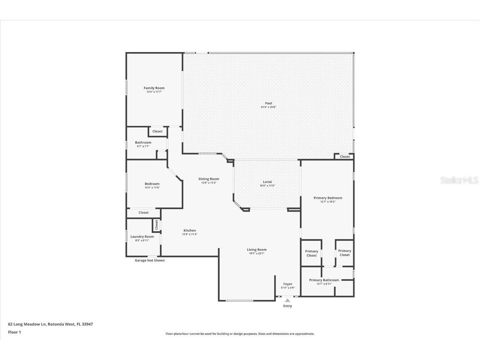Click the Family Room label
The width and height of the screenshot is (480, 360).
click(154, 88)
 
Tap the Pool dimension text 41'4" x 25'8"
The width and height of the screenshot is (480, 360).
click(268, 107)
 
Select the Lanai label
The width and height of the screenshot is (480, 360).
click(267, 182)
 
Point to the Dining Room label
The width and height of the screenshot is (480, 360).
click(208, 179)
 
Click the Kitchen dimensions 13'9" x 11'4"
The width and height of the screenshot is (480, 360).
click(190, 234)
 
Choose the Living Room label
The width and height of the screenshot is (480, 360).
click(256, 250)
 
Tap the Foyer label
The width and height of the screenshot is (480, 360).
click(287, 284)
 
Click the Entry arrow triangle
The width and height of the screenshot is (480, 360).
click(287, 300)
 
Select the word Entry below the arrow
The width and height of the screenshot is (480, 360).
click(287, 306)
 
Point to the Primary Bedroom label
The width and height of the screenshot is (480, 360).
click(327, 198)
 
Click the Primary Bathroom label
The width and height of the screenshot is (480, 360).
click(324, 280)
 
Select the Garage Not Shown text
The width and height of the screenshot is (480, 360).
click(150, 260)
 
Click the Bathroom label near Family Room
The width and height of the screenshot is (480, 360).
click(143, 142)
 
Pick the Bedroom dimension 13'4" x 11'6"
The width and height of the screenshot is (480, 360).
click(152, 187)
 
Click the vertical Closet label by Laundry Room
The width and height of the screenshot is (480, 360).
click(157, 225)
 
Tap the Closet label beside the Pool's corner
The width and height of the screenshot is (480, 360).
click(345, 157)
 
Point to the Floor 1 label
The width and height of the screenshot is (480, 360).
click(14, 332)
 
